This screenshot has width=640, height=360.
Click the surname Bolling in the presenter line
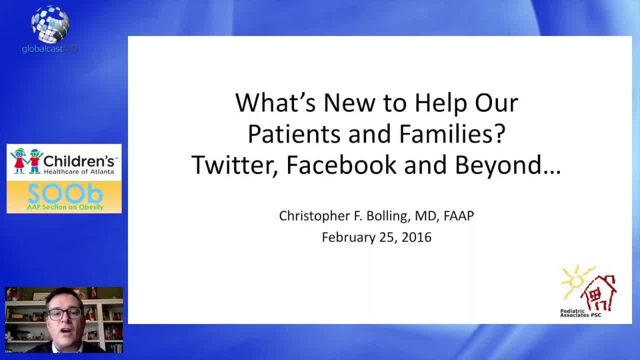(385, 216)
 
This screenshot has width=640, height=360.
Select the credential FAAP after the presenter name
(458, 216)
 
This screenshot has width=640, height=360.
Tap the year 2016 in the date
(416, 237)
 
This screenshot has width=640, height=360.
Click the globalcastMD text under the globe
(50, 48)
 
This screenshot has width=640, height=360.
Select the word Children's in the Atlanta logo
(79, 161)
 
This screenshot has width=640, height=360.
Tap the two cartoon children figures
(27, 161)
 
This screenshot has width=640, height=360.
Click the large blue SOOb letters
(64, 194)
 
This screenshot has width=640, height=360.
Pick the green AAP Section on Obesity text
(65, 207)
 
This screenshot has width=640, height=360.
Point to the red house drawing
(600, 293)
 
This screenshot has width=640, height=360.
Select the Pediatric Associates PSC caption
(580, 313)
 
